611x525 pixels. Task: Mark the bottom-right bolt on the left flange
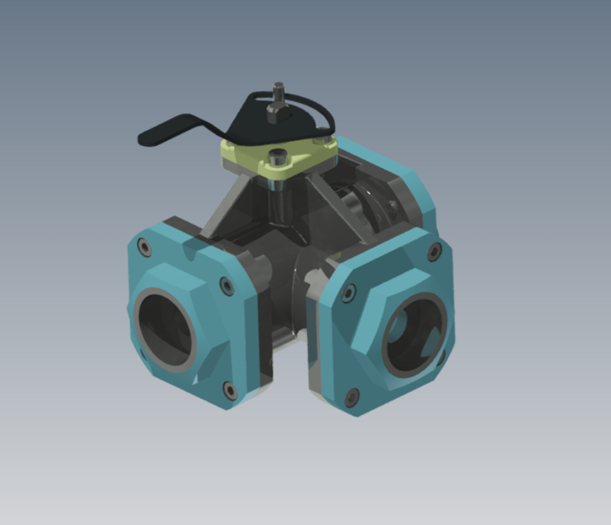tap(229, 389)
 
